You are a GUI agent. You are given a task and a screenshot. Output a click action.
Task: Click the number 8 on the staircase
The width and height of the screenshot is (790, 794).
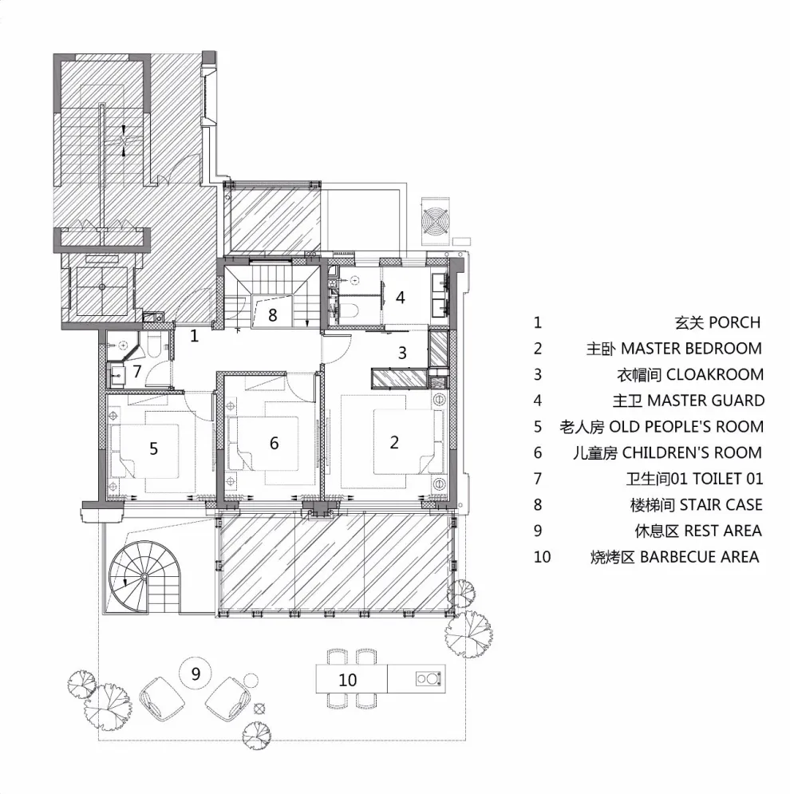coord(272,315)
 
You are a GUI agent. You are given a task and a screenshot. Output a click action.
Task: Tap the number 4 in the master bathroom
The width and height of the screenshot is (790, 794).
coord(400,297)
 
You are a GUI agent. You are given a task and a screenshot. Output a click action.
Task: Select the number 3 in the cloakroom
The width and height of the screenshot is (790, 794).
coord(402,353)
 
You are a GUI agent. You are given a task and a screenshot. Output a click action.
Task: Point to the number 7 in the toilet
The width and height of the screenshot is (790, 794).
coord(136,371)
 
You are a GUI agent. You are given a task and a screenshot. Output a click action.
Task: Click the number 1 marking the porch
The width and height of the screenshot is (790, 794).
coord(194,335)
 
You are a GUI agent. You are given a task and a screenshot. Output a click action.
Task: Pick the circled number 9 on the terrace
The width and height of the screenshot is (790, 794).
coord(196,674)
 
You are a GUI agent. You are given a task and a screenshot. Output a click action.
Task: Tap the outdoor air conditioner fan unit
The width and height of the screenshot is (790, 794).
coord(435,220)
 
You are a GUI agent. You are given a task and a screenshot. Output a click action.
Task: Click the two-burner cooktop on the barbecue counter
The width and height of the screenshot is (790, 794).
coord(428,678)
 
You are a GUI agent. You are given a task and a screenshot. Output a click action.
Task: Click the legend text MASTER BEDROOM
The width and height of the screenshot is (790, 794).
coord(691,349)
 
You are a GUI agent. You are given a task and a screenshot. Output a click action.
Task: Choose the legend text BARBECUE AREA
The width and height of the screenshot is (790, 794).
coord(699,557)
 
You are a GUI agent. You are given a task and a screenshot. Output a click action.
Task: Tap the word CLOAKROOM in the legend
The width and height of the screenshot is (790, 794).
coord(714,375)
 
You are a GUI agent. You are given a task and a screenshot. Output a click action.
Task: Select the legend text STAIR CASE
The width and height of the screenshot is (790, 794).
coord(721,505)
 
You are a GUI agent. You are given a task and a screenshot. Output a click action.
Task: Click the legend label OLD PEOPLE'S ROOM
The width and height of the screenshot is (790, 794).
coord(686,427)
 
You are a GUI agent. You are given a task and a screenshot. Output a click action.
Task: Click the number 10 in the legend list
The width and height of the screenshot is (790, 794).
coord(542,557)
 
